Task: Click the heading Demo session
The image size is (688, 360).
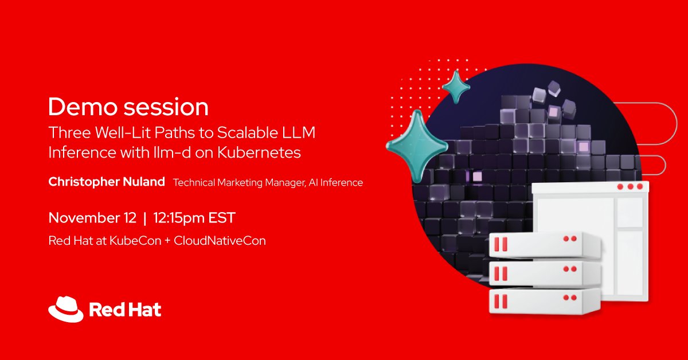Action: pos(128,107)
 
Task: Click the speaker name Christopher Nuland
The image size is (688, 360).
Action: pos(107,182)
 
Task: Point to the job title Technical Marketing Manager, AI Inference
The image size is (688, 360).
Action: pos(268,183)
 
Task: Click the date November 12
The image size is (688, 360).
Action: pos(92,218)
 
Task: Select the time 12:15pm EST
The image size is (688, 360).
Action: pos(193,218)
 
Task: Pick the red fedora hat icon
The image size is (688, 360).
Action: pos(66,310)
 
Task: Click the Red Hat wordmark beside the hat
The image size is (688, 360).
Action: pos(125,310)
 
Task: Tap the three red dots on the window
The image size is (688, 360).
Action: pos(631,187)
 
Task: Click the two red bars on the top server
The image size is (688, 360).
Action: pos(501,244)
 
